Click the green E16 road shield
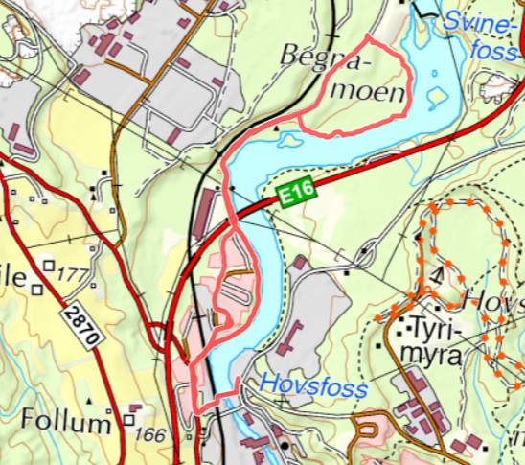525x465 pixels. coord(298,196)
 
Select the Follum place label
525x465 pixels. coord(66,422)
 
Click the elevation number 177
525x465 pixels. coord(73,276)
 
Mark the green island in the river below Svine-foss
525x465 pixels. coord(436,97)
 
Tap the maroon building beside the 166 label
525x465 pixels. coord(134,408)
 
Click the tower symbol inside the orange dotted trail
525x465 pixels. coord(437,275)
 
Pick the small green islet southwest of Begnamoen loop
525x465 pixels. coord(287,140)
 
